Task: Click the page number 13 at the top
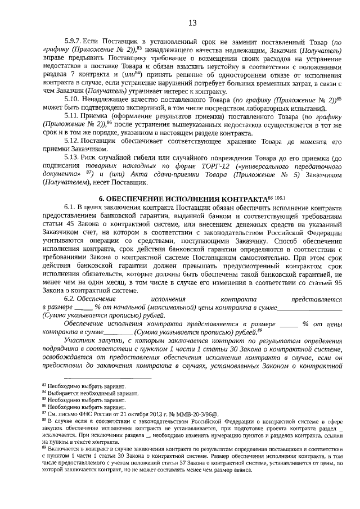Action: pos(192,23)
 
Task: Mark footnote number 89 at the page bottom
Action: pos(44,449)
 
